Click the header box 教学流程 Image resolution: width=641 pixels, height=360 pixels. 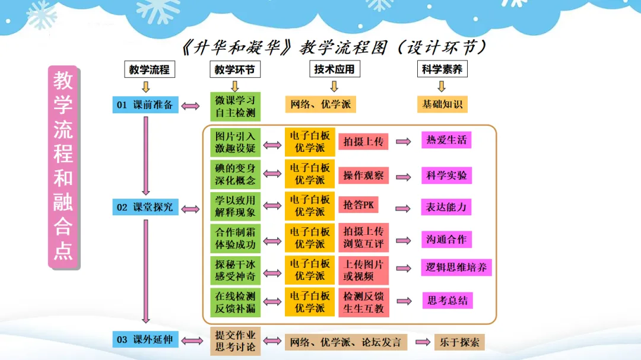(150, 69)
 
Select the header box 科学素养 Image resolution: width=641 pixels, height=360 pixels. (442, 69)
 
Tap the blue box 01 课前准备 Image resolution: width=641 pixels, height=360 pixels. (145, 105)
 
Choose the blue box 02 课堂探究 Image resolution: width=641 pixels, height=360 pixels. (145, 207)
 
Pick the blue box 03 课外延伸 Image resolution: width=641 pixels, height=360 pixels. (145, 340)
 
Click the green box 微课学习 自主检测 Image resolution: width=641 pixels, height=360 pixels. (235, 106)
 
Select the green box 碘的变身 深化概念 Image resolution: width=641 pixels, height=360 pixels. (235, 174)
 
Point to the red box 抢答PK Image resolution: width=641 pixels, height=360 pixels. (362, 205)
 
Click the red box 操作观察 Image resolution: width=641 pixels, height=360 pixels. (363, 176)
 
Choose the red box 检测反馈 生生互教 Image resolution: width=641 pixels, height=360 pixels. (363, 302)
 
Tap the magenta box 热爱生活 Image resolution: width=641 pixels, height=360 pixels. (446, 141)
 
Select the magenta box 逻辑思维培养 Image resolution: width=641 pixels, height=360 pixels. (456, 267)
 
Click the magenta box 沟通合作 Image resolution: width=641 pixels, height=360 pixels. (446, 240)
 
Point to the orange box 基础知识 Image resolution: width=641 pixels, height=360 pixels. (442, 104)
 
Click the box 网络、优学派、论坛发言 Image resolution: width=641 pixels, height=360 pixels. (346, 342)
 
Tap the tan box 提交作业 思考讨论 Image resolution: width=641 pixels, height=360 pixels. (235, 341)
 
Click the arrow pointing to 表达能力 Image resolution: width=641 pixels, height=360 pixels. (404, 208)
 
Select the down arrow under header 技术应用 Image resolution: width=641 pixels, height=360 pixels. (334, 87)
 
